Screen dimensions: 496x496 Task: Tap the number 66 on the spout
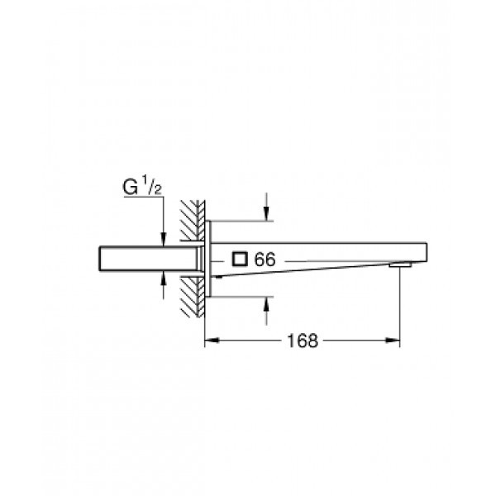coord(265,260)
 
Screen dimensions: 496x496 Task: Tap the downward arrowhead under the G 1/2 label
coord(164,238)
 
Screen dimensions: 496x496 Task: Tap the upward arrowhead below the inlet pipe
coord(164,280)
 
